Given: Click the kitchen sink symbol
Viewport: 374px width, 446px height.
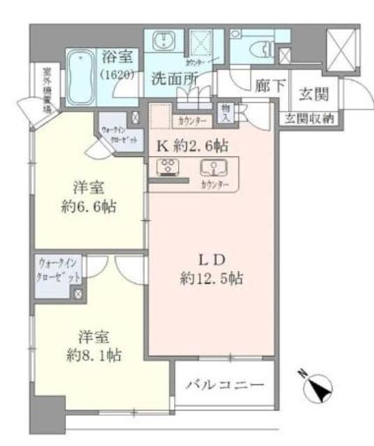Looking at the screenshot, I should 213,168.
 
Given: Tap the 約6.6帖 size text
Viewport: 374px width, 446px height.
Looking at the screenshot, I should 89,207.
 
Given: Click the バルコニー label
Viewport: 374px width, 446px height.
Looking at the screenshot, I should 224,385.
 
